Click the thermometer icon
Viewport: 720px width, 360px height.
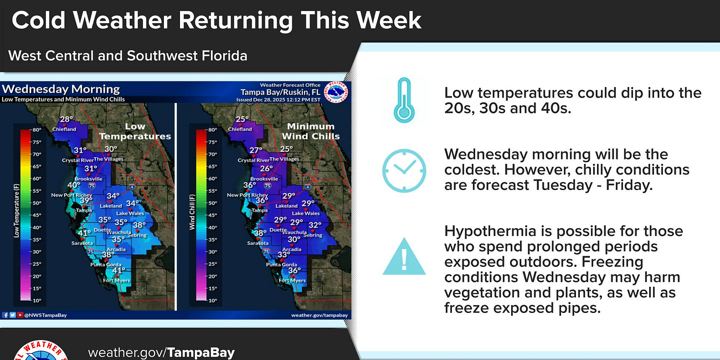pos(404,100)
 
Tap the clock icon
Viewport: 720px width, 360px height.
pos(404,171)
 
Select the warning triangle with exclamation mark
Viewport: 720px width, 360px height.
pos(404,257)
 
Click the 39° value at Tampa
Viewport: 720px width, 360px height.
pos(86,200)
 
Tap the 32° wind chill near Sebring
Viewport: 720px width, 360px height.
pos(315,225)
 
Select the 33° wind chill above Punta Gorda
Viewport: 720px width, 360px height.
pos(284,255)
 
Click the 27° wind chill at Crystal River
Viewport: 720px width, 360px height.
pos(255,151)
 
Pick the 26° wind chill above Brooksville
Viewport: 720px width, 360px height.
pos(266,169)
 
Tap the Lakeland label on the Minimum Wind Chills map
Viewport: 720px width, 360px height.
pos(287,206)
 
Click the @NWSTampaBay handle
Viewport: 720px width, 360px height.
pos(41,315)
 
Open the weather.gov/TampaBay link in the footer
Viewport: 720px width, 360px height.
pos(161,352)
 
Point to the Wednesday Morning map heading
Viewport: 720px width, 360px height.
pos(61,89)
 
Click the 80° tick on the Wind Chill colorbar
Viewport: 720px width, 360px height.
pos(212,130)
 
